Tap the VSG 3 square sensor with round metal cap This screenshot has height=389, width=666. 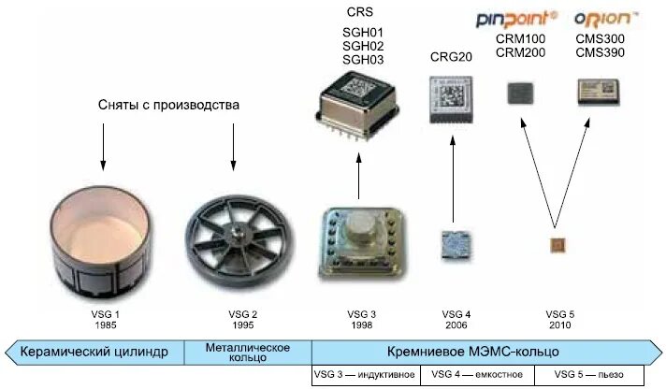point(360,244)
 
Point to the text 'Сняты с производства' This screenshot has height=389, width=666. point(168,105)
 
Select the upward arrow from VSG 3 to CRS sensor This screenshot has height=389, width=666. point(359,178)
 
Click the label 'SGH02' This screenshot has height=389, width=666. point(362,46)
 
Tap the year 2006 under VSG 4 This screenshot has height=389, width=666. point(456,325)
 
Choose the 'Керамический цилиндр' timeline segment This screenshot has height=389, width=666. point(98,352)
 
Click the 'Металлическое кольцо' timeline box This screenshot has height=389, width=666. point(248,352)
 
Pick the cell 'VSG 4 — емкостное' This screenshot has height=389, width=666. point(477,375)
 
